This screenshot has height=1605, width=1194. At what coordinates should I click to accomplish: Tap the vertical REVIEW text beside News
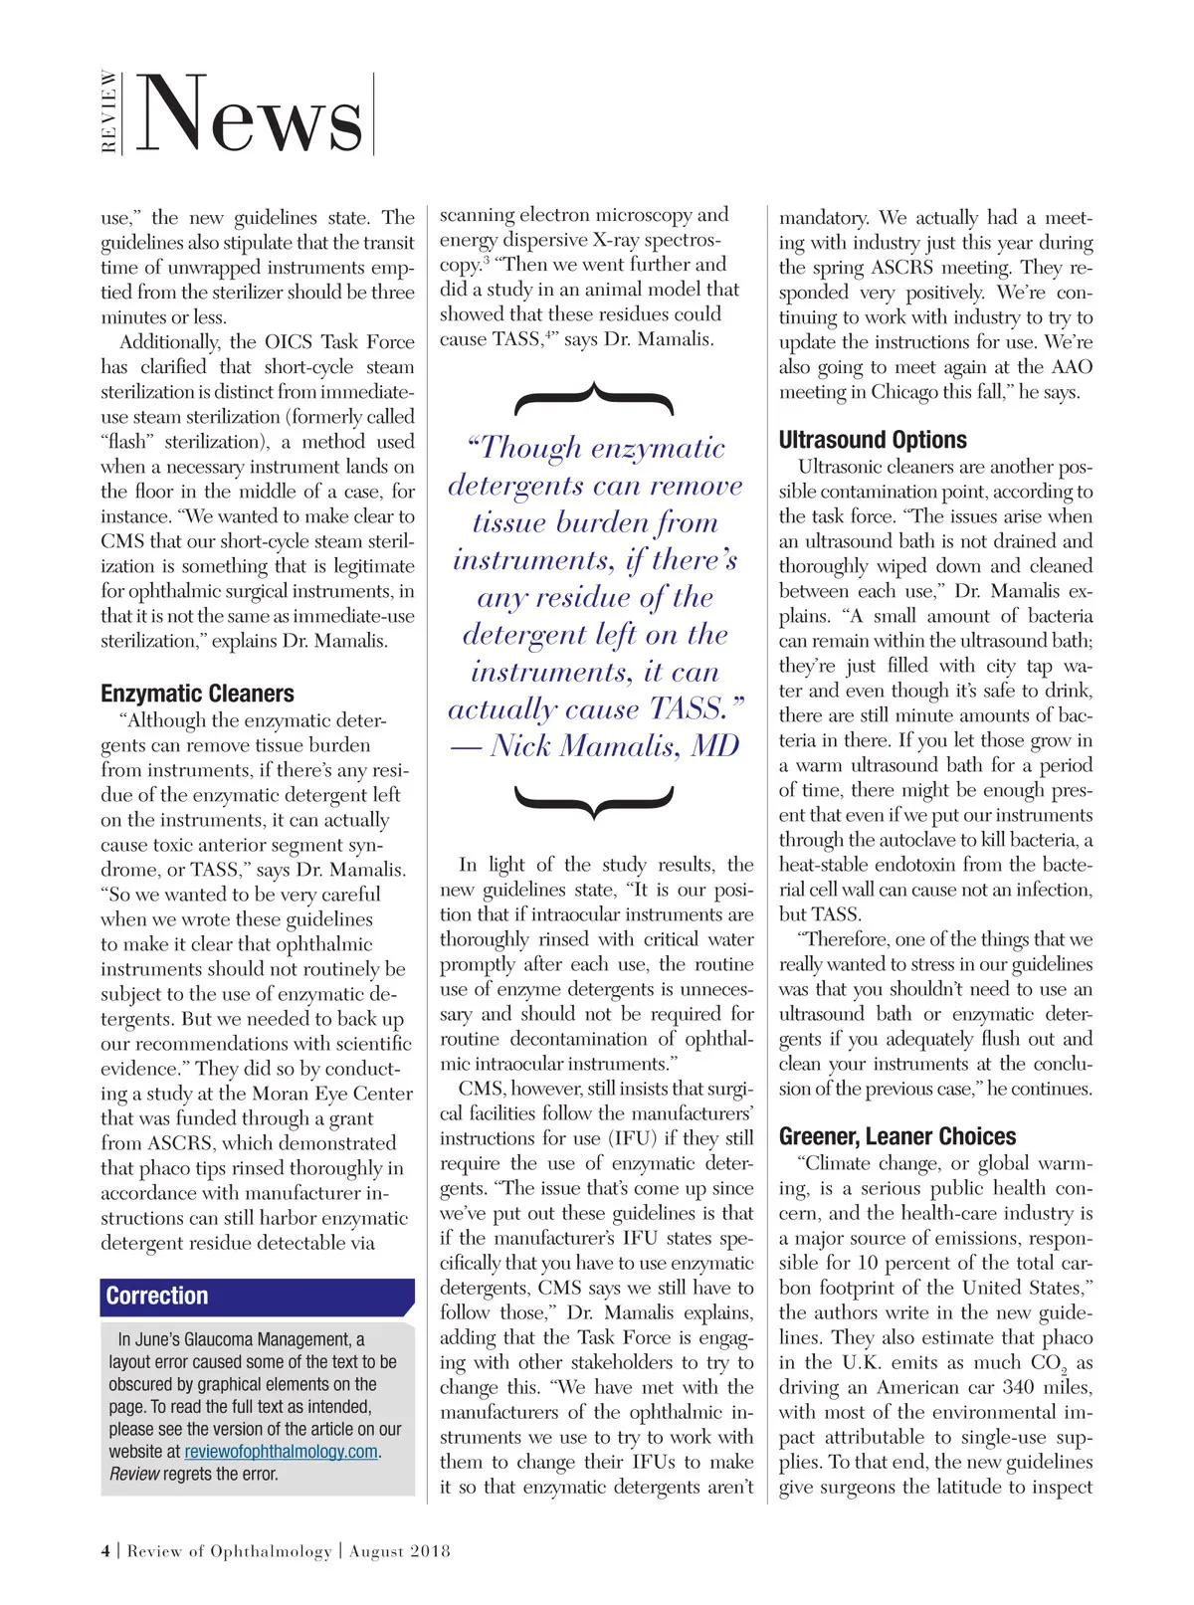[x=108, y=111]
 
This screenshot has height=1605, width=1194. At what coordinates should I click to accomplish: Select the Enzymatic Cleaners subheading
[x=197, y=694]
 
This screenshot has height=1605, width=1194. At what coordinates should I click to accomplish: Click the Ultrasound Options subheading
[x=873, y=440]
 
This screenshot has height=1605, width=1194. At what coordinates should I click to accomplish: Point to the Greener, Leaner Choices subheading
[x=897, y=1136]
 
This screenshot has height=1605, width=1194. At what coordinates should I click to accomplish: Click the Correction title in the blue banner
[x=157, y=1296]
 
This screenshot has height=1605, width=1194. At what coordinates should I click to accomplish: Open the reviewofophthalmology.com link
[x=282, y=1451]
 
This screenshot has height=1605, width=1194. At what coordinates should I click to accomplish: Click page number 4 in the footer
[x=105, y=1550]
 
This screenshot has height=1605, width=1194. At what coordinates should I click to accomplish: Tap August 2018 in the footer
[x=400, y=1550]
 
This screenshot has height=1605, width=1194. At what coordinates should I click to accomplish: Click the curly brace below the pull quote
[x=594, y=800]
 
